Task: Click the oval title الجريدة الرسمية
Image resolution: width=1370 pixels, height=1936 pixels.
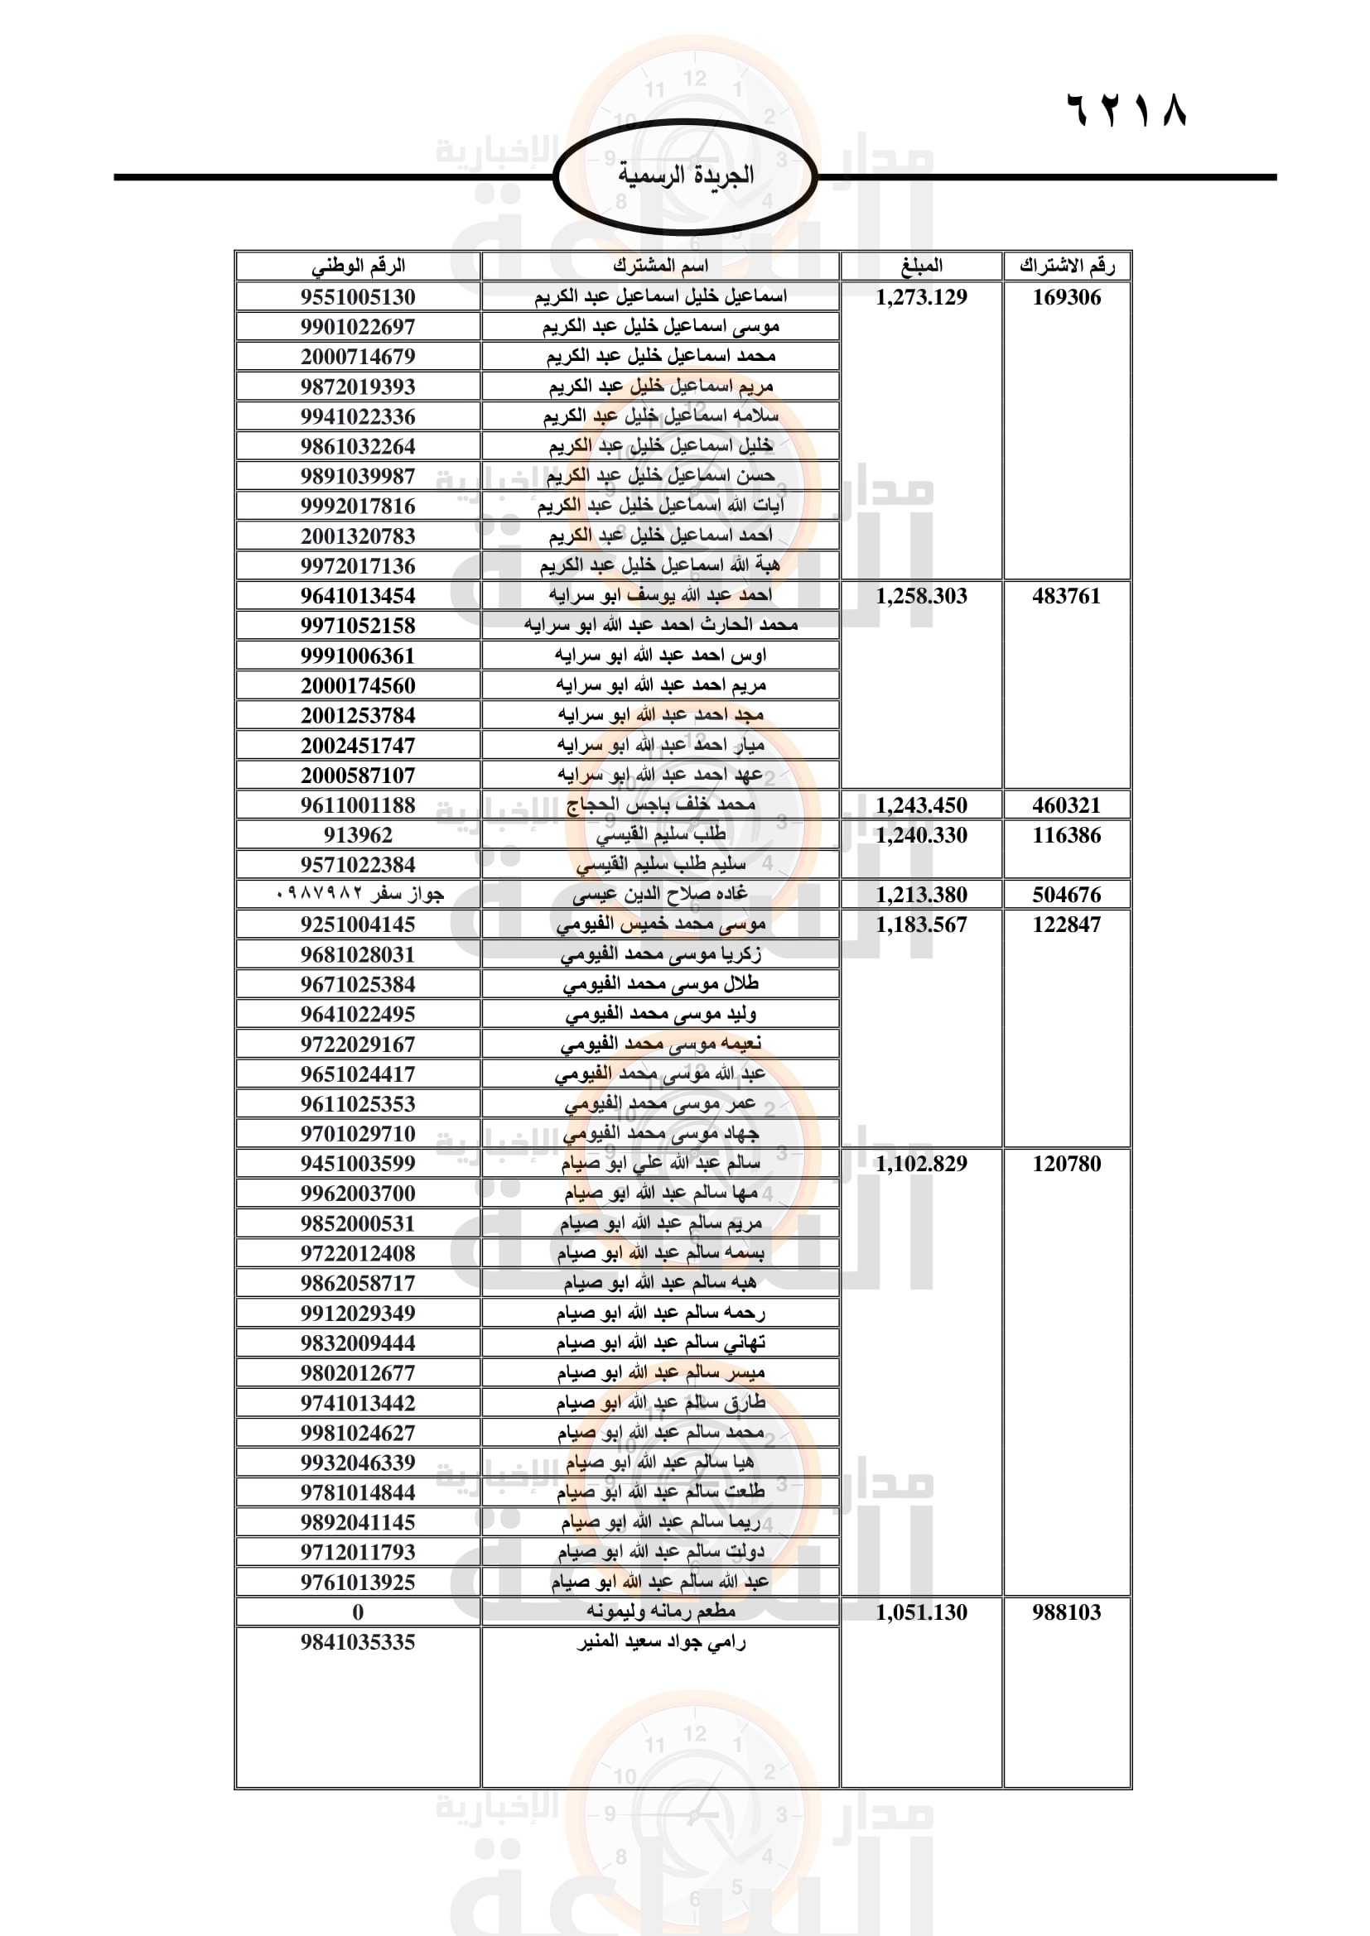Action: coord(685,175)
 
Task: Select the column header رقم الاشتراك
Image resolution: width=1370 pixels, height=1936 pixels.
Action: coord(1066,266)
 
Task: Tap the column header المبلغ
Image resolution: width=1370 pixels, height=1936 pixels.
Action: coord(921,266)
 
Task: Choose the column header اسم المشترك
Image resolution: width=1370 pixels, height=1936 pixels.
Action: coord(660,266)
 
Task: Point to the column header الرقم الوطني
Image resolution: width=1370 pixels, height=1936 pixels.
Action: coord(358,266)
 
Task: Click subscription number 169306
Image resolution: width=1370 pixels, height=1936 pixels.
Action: coord(1066,297)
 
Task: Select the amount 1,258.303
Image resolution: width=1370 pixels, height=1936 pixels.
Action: coord(921,596)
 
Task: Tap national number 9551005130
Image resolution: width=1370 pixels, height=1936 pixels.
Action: coord(358,297)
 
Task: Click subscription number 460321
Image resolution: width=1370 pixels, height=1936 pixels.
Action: coord(1066,805)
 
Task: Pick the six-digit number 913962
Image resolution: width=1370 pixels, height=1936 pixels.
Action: coord(358,835)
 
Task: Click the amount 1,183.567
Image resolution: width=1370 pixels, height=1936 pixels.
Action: coord(921,925)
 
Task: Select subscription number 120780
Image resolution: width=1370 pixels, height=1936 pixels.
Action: coord(1066,1164)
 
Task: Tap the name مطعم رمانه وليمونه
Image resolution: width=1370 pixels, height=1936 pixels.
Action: coord(660,1612)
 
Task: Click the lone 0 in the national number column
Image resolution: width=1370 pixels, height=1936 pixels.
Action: coord(358,1612)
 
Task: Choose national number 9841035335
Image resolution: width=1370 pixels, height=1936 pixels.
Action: coord(358,1641)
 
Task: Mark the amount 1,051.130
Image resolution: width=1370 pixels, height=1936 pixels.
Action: coord(921,1612)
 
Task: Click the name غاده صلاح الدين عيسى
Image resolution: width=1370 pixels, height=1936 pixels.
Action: coord(660,894)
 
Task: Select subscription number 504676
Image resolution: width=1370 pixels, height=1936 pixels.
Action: coord(1066,895)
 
